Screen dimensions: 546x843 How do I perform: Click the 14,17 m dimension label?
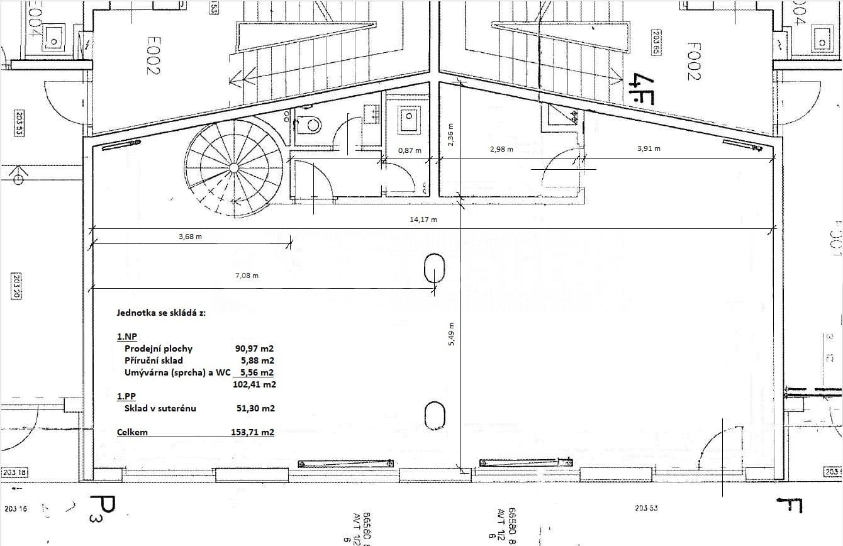coord(424,220)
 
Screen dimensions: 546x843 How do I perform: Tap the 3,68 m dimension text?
coord(189,237)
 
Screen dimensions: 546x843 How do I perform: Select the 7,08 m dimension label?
coord(246,276)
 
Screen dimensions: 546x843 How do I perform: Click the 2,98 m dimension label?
coord(501,149)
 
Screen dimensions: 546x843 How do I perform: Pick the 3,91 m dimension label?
coord(649,148)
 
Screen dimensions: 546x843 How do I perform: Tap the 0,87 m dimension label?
coord(410,150)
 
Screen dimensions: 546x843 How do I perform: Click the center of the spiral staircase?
coord(233,167)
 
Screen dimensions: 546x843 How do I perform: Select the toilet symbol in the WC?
coord(309,125)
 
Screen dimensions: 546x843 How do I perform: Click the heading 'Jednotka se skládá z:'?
coord(161,312)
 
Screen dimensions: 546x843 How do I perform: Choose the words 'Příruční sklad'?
coord(154,360)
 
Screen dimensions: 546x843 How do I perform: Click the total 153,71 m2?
coord(252,432)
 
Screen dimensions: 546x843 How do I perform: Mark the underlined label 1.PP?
coord(126,396)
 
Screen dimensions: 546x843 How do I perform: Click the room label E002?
coord(151,55)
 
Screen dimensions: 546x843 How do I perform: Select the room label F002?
coord(693,60)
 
